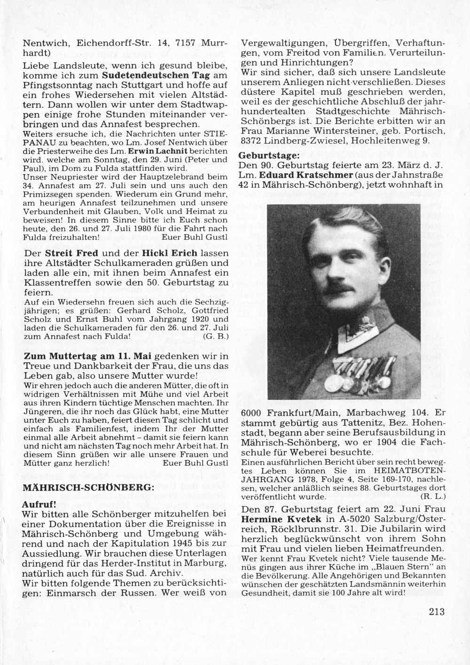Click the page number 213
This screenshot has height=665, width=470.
[x=437, y=611]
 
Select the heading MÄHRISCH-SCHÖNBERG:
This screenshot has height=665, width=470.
[x=89, y=487]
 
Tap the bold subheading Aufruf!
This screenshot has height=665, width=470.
[x=40, y=504]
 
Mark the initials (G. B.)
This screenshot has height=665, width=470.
[x=216, y=336]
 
